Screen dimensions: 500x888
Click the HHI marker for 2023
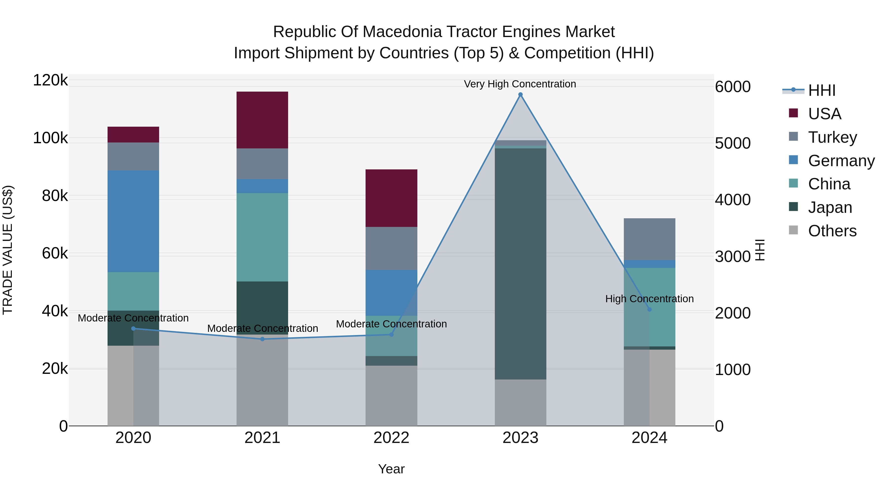(520, 95)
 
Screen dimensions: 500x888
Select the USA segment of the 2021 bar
(262, 120)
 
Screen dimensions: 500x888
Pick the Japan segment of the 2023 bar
(520, 264)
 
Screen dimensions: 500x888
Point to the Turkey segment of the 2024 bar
(649, 239)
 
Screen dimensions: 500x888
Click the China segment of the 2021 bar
(262, 237)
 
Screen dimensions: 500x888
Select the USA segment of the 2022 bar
(391, 198)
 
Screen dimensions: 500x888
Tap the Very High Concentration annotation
(519, 84)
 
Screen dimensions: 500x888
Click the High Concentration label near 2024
(649, 299)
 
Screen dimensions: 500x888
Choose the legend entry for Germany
(841, 161)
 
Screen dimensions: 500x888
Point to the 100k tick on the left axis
(50, 138)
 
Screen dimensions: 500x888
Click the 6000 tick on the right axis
(733, 87)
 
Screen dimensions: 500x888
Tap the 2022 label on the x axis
(391, 438)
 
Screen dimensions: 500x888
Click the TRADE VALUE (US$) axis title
(8, 250)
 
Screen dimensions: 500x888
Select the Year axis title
(391, 469)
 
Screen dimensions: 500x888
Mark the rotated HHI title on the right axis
(760, 250)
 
